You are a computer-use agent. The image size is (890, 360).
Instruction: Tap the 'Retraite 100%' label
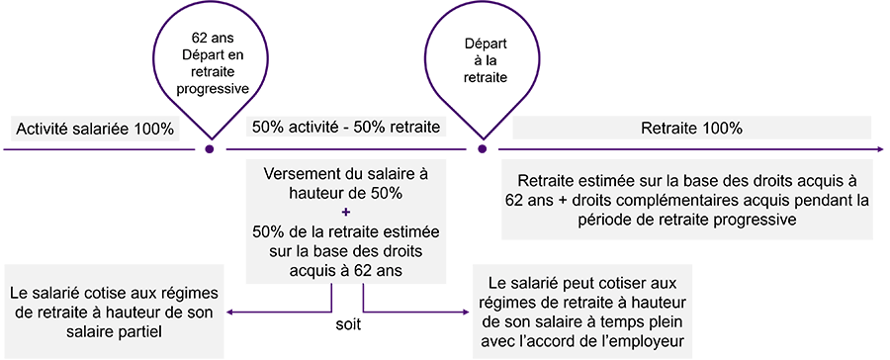691,128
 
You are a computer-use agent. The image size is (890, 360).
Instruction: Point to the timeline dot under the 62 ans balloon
209,150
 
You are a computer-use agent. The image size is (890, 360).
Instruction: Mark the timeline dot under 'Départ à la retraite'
483,150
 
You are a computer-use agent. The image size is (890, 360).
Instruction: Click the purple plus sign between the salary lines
345,211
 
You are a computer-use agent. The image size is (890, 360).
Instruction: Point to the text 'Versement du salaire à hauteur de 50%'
345,182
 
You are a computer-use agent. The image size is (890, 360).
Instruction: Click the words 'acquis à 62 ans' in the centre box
345,268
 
